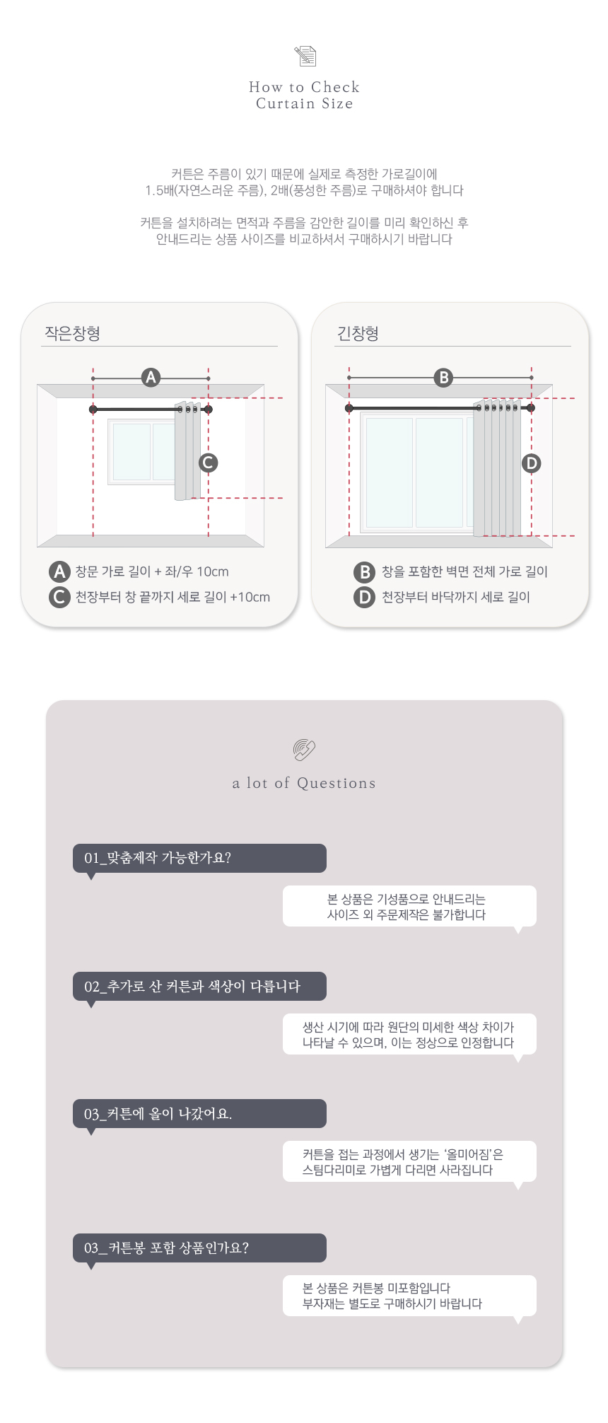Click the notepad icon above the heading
point(305,56)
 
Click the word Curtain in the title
point(285,104)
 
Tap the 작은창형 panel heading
point(72,333)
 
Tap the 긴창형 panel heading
point(358,333)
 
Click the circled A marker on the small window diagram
point(151,378)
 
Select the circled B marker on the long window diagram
point(443,378)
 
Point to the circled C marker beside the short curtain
point(208,463)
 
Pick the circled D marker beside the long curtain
point(531,463)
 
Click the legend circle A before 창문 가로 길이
point(59,571)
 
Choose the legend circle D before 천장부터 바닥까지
point(364,597)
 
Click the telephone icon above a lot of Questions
point(304,750)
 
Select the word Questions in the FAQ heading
point(336,784)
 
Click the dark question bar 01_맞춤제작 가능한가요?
point(199,858)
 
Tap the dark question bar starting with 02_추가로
point(199,986)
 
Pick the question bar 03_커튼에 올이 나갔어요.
point(199,1114)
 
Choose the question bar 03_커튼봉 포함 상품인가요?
point(199,1248)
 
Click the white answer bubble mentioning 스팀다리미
point(409,1161)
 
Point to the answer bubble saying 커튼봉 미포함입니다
point(409,1296)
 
